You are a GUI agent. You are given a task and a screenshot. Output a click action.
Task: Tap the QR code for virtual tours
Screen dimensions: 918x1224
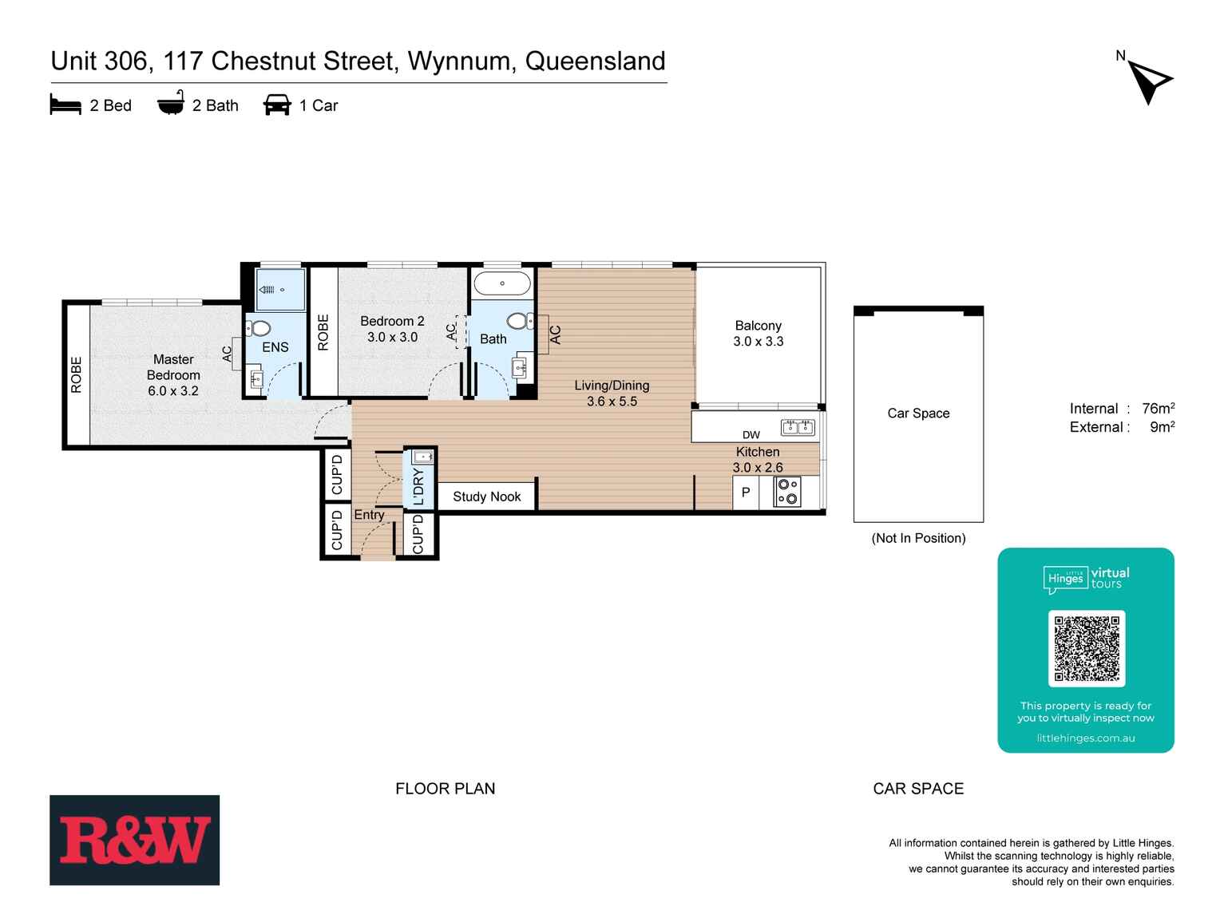[1086, 648]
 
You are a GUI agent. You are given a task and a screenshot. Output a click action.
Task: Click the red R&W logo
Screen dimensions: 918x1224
[134, 840]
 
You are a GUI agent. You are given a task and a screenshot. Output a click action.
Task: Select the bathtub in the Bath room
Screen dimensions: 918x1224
[501, 283]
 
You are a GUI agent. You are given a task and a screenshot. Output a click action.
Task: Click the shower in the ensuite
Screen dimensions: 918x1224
[279, 290]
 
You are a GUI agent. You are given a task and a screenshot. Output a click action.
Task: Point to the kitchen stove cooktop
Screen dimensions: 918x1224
[787, 492]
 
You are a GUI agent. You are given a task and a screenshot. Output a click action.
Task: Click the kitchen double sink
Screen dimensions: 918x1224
[798, 427]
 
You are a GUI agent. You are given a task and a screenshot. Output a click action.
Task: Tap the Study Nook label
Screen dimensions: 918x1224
[486, 497]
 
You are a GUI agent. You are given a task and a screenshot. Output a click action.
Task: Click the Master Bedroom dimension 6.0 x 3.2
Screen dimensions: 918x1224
[172, 390]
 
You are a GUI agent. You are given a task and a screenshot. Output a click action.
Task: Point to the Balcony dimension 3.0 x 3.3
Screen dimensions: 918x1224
[758, 341]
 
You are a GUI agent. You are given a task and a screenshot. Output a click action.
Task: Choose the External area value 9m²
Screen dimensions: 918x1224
[1162, 427]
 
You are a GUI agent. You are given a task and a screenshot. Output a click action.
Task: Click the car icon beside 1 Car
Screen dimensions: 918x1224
[277, 105]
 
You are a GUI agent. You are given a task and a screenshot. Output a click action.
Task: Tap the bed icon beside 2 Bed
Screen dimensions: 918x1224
[65, 105]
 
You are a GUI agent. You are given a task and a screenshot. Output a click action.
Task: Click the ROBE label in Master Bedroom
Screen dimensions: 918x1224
[77, 374]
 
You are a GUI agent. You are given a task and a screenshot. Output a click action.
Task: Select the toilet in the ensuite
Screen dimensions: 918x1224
[259, 328]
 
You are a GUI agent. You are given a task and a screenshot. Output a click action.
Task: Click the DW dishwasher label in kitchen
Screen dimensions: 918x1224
[751, 435]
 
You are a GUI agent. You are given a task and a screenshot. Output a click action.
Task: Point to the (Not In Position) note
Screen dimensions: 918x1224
[918, 538]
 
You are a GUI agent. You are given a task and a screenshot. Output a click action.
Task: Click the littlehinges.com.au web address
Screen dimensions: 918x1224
[1085, 738]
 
